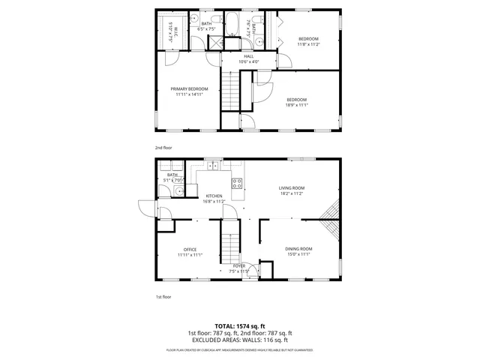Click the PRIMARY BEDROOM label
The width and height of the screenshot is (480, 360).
(188, 88)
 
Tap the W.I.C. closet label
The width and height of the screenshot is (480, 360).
(172, 31)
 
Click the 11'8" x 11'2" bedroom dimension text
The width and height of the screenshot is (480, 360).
(308, 44)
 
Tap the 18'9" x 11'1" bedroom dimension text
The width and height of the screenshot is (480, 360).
(296, 105)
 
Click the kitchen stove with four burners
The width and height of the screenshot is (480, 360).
(237, 182)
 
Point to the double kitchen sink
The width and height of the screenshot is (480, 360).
(212, 166)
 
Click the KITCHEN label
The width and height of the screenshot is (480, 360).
(214, 196)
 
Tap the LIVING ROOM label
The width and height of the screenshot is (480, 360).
(292, 187)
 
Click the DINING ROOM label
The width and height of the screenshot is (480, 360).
(298, 248)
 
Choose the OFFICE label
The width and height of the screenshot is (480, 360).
(190, 249)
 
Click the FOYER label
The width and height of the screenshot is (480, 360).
(239, 265)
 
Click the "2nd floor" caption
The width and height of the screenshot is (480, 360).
(163, 148)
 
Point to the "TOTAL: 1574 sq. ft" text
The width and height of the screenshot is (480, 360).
(239, 326)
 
